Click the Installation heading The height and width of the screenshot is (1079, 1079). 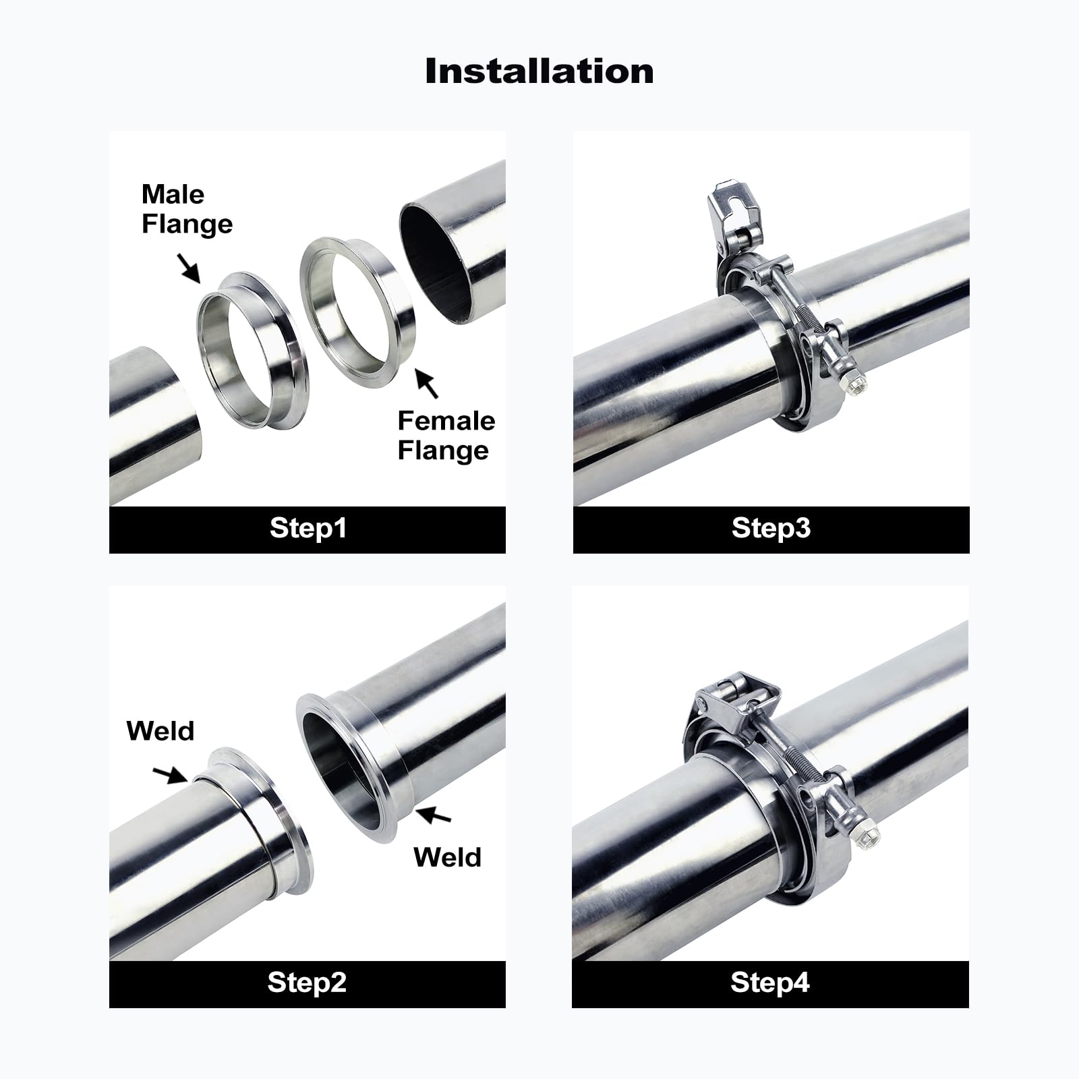539,71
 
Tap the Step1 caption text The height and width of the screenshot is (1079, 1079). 308,528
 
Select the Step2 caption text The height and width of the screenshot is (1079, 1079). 307,983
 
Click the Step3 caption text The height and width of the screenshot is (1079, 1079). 771,528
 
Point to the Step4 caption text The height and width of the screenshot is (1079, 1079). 770,983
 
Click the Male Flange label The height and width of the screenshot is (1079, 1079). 187,209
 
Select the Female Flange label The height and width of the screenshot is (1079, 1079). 446,436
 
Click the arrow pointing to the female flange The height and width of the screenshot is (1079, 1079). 427,383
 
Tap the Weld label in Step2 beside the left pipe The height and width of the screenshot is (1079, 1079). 161,731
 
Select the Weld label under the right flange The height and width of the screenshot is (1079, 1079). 447,857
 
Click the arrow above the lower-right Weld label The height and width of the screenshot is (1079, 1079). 434,815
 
